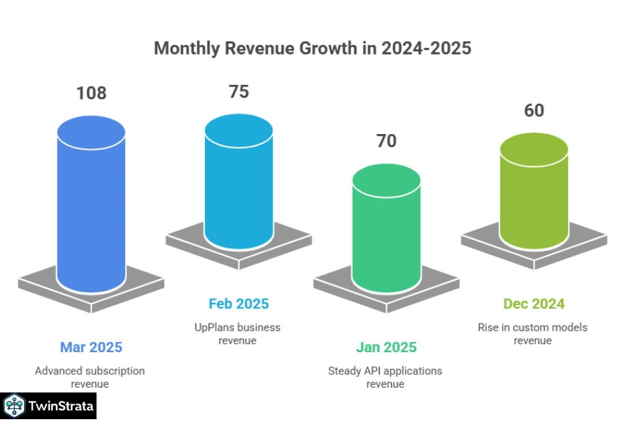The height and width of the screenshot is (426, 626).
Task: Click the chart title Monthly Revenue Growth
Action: point(312,49)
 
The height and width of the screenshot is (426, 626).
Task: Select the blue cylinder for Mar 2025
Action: point(91,212)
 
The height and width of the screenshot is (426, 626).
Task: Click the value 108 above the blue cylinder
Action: point(91,93)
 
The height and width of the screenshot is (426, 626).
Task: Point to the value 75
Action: point(239,92)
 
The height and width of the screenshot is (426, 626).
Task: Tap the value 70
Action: point(386,141)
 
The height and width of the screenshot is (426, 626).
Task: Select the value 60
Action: point(534,110)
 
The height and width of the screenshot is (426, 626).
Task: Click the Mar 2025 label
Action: point(91,347)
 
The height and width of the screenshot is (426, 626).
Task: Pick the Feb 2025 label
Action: point(239,304)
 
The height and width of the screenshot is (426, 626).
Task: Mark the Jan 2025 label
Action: point(386,347)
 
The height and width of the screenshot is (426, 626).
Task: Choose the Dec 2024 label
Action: point(534,304)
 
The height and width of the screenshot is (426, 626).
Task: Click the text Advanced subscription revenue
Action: point(90,377)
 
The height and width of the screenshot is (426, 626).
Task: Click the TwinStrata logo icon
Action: point(14,407)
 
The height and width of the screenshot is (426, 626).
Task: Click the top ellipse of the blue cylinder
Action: point(91,131)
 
